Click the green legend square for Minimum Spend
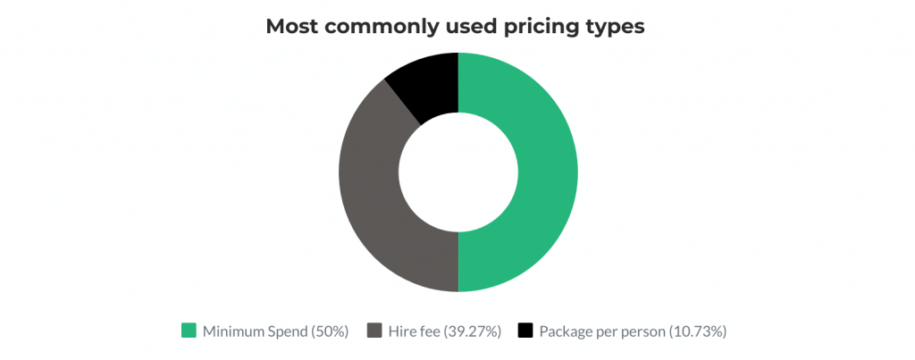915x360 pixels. click(189, 331)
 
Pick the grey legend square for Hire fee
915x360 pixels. click(375, 331)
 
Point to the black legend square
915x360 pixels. click(525, 331)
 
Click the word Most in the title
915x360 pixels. click(294, 27)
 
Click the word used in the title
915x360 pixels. click(464, 27)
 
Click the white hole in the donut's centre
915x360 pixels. click(458, 172)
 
